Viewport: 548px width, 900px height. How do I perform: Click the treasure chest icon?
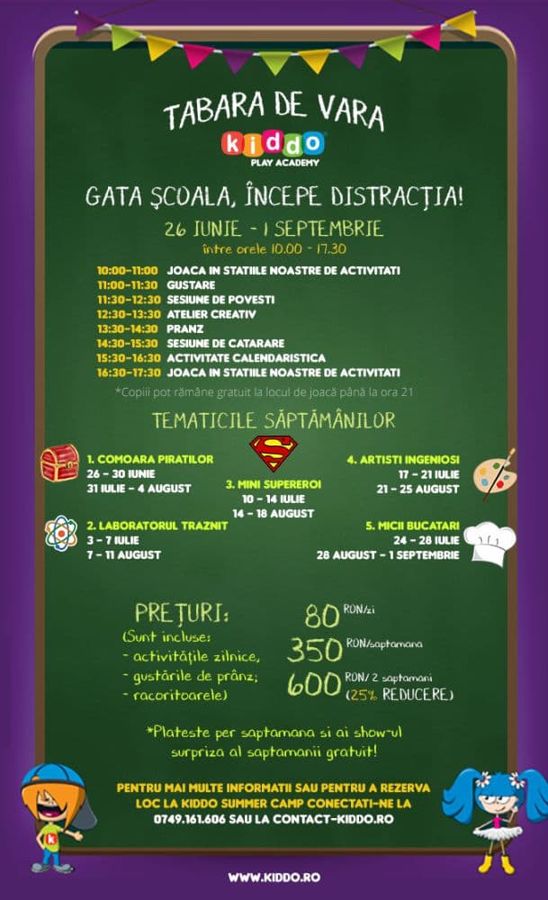pos(60,463)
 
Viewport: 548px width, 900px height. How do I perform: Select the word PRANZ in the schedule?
pos(186,328)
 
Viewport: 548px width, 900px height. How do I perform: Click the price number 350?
pos(314,649)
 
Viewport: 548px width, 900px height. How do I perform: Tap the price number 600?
pos(314,684)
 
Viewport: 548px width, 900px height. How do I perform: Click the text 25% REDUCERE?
pos(400,695)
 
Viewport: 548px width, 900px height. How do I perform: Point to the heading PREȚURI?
pos(181,614)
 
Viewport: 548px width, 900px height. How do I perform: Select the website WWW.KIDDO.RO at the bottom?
pos(274,877)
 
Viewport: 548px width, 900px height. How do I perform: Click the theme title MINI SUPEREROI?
pos(273,483)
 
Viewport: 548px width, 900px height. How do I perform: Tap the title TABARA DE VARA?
pos(274,114)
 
